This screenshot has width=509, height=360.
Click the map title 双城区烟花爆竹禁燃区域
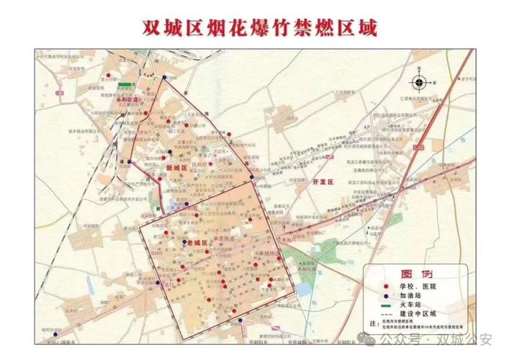[x=255, y=27]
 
